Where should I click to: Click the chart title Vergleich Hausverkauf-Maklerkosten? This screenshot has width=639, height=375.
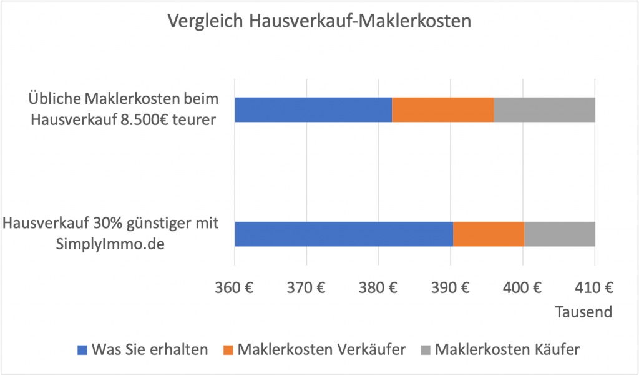pos(319,21)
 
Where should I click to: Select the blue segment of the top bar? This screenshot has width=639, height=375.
pos(313,109)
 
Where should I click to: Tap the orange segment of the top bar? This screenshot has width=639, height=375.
pos(442,109)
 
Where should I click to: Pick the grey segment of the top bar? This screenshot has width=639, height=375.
pos(544,109)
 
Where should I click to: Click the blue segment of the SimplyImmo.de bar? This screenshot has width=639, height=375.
pos(343,234)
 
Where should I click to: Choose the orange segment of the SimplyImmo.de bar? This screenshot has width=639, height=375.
pos(489,234)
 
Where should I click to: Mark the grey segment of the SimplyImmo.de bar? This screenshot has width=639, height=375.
pos(560,234)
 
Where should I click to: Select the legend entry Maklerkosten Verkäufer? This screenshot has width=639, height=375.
pos(314,349)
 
